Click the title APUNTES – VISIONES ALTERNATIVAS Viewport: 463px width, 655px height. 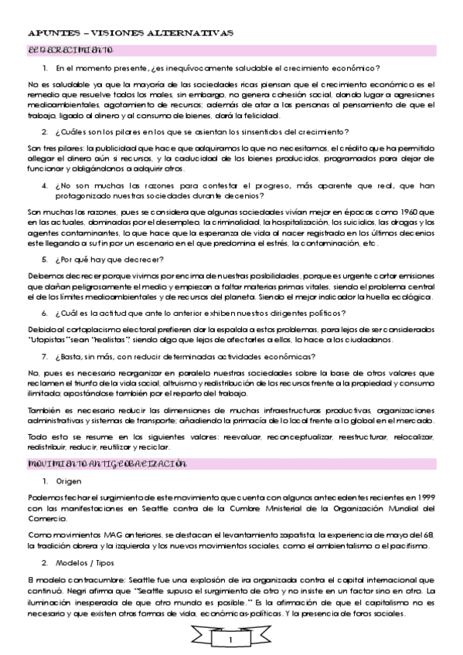131,35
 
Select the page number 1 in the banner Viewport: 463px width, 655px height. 231,640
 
